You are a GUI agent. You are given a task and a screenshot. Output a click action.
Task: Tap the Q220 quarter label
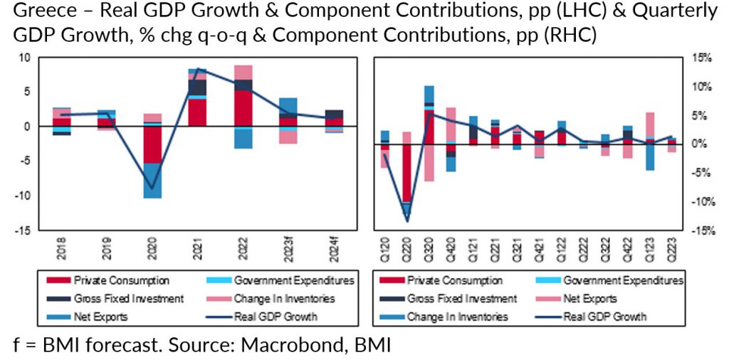click(x=407, y=250)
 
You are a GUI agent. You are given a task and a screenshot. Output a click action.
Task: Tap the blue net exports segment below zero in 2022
click(x=243, y=138)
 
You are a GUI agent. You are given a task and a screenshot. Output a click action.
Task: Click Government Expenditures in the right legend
click(x=622, y=280)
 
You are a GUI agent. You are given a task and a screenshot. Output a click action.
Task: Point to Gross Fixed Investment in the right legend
click(x=462, y=299)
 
